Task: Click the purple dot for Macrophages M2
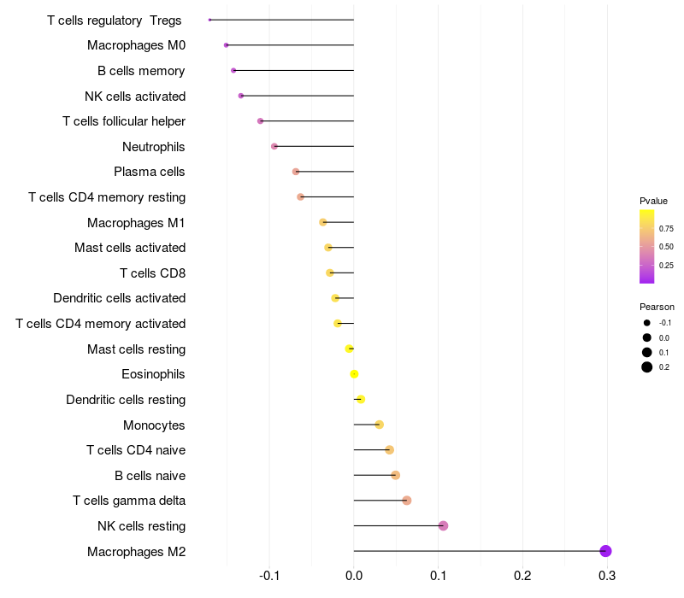606,551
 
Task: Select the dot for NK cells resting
443,525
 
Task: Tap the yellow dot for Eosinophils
354,374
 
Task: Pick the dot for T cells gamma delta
407,501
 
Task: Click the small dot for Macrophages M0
226,45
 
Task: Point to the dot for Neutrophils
274,146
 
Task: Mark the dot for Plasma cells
296,172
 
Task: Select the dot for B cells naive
395,475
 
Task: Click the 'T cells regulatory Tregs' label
115,20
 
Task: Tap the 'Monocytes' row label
154,425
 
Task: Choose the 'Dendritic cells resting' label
126,400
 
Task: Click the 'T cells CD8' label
152,273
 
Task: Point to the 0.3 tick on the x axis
606,576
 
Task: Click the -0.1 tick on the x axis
269,576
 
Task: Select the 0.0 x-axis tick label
354,576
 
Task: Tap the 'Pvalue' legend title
653,201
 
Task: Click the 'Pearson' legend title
657,307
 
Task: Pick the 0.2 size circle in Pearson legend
647,367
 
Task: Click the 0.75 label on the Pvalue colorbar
666,229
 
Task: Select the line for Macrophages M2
479,551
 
